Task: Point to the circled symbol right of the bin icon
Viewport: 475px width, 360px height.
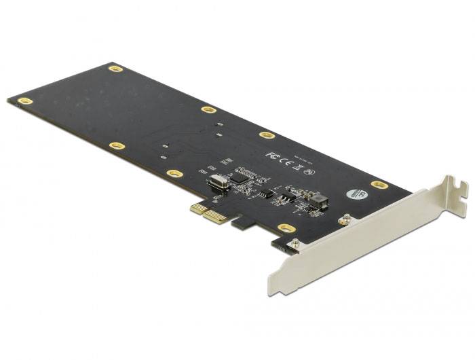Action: [x=309, y=171]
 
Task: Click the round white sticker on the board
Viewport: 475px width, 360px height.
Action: [x=354, y=194]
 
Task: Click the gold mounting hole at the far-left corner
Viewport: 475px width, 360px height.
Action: [x=25, y=101]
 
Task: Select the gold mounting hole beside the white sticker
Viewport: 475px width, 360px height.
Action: [x=379, y=184]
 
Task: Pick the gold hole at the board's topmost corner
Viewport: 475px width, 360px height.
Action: [x=115, y=69]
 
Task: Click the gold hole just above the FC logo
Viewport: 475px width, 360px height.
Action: [x=267, y=134]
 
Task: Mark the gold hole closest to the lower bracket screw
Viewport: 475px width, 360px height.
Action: [x=286, y=228]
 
